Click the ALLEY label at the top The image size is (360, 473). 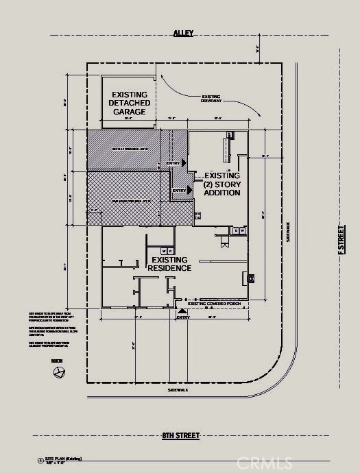[183, 33]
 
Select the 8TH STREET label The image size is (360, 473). [181, 435]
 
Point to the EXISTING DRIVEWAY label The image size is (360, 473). [212, 99]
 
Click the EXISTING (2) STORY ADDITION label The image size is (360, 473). [221, 184]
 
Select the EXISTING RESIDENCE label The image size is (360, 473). [171, 264]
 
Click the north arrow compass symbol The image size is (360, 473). [60, 372]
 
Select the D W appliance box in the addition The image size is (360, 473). [239, 232]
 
